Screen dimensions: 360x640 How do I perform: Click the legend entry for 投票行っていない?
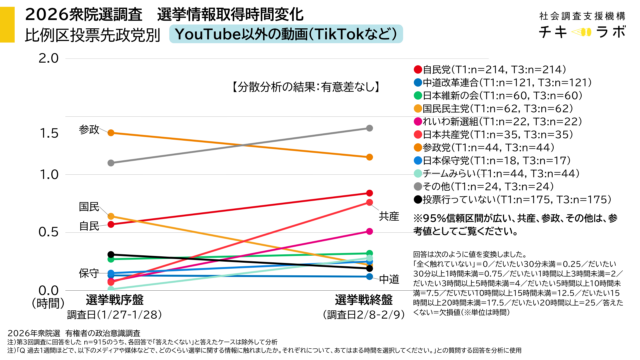tap(501, 200)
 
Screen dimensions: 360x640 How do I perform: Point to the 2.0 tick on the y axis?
tap(48, 58)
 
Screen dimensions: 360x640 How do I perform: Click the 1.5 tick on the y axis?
tap(48, 133)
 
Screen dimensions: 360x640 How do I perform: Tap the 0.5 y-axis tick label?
tap(48, 231)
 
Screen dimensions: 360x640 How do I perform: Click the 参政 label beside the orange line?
tap(90, 130)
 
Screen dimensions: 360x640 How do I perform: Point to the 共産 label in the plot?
tap(390, 216)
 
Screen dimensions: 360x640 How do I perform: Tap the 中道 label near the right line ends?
tap(390, 278)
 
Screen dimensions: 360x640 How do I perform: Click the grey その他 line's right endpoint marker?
tap(369, 128)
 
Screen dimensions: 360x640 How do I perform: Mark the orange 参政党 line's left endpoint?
tap(110, 132)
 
